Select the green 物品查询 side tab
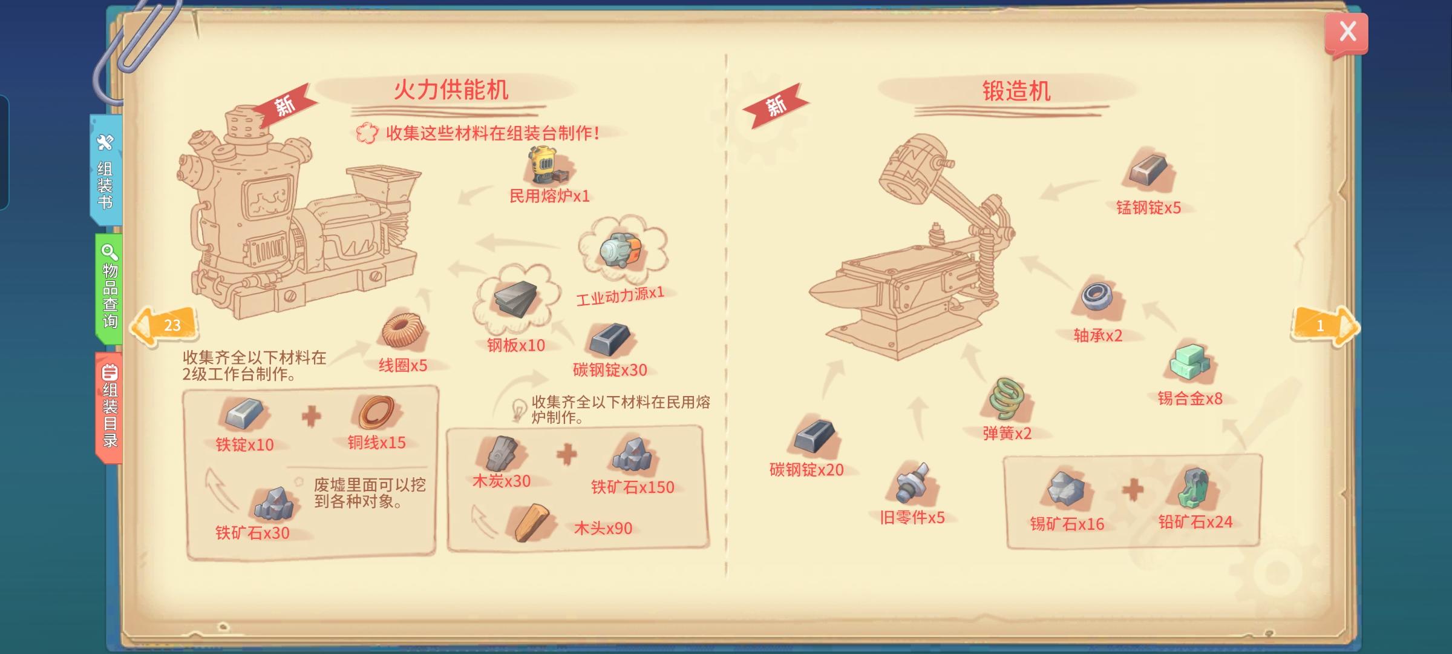(109, 288)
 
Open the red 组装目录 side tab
(109, 407)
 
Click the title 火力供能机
(451, 90)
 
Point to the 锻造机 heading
(1016, 91)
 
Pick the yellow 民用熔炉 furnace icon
(546, 165)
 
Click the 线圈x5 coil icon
(403, 331)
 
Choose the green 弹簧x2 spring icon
(1006, 399)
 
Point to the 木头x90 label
(603, 528)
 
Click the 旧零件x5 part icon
(912, 483)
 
